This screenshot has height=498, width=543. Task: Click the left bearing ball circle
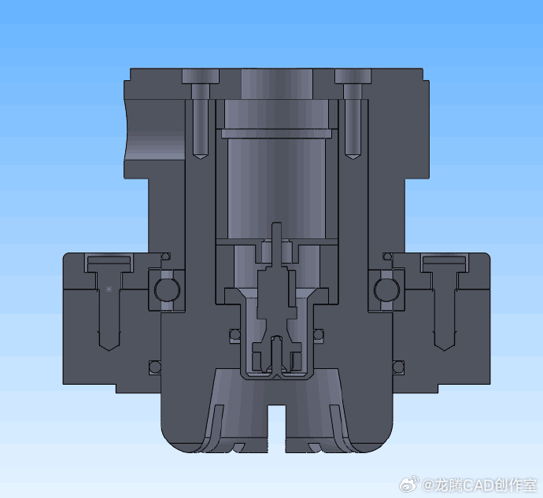pos(167,290)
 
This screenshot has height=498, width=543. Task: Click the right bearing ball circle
pos(387,290)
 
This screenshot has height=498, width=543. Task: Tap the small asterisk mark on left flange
pos(109,290)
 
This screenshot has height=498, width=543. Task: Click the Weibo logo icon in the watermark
pos(408,484)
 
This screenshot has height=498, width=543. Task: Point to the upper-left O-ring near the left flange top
pos(166,256)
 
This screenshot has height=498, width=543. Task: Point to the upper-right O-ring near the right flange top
pos(387,256)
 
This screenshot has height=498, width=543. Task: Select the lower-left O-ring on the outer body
pos(155,367)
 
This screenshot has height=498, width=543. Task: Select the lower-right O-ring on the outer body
pos(398,367)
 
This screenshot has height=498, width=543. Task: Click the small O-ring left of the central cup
pos(235,334)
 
